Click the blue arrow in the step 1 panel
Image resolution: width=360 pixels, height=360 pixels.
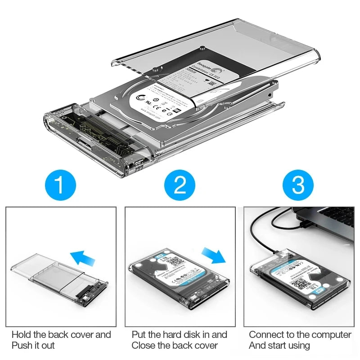pyautogui.click(x=84, y=258)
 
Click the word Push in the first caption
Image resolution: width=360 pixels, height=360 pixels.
pyautogui.click(x=21, y=346)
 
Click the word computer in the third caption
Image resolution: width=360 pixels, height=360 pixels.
pyautogui.click(x=331, y=335)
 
